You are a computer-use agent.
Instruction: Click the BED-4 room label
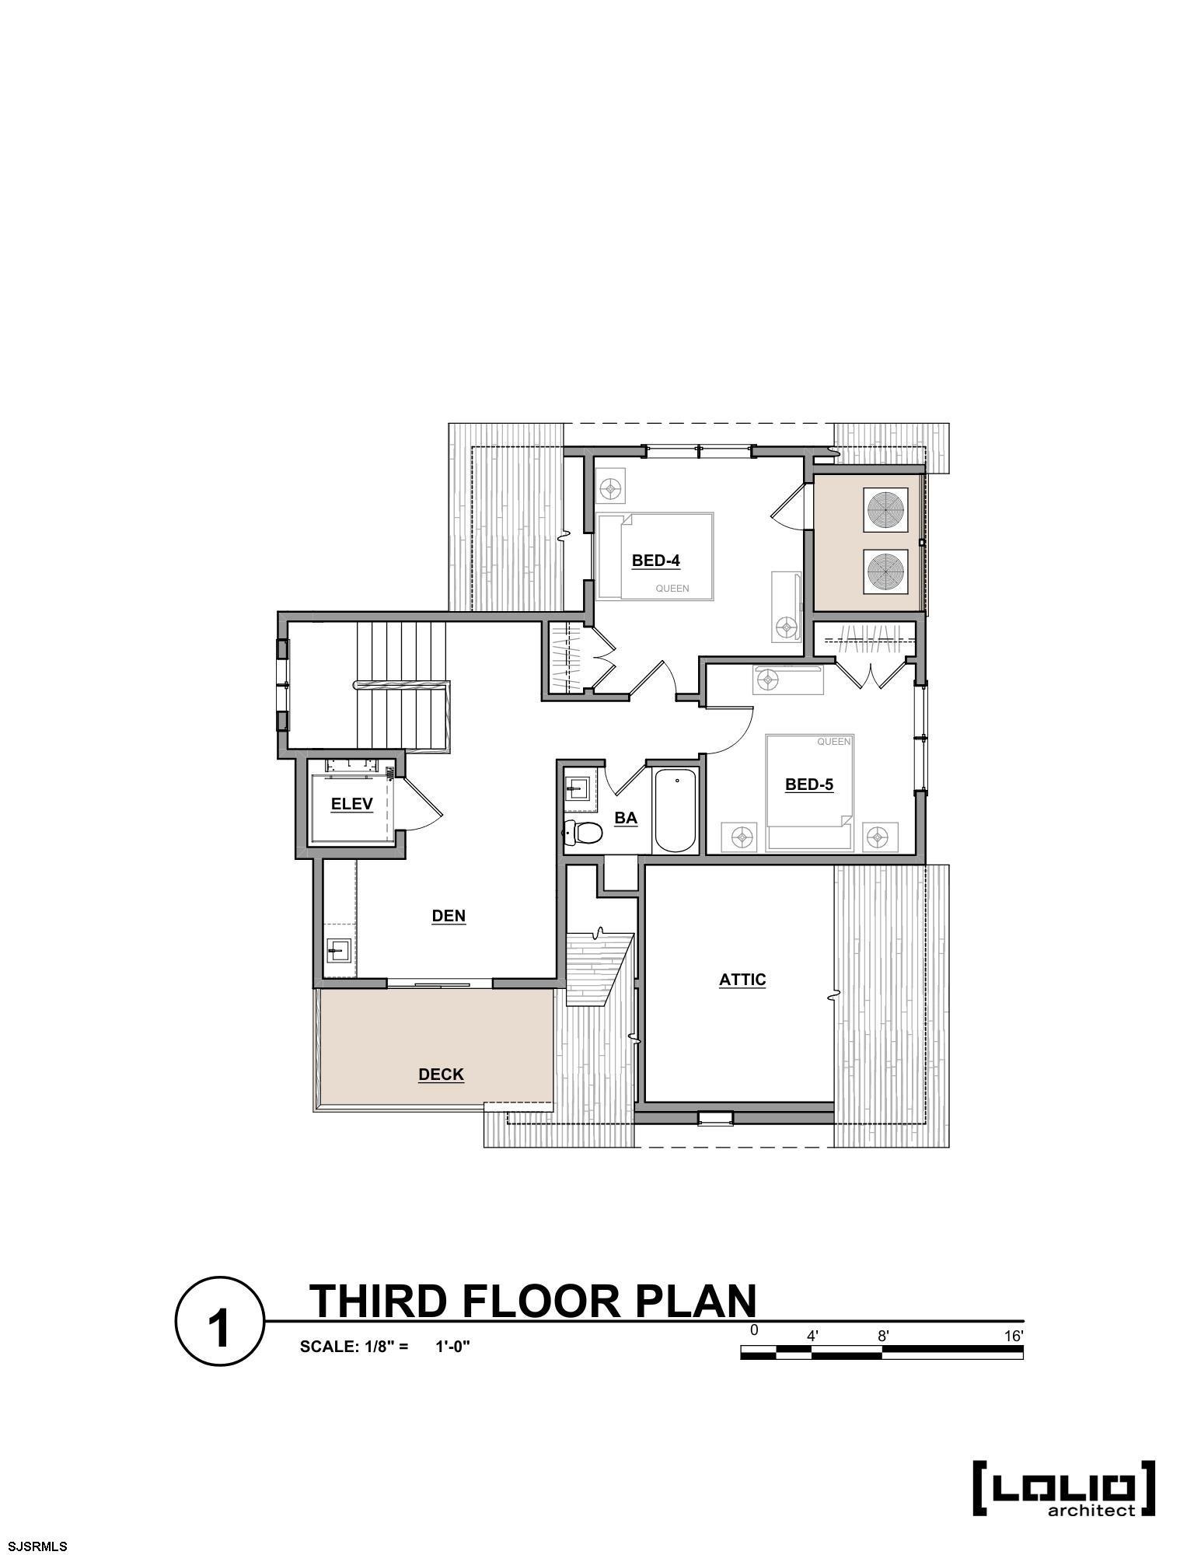(x=656, y=560)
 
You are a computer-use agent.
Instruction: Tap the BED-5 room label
(x=809, y=784)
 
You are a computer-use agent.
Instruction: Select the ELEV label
(x=352, y=804)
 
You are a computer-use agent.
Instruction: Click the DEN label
(x=449, y=916)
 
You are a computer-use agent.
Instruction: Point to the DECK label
(x=441, y=1075)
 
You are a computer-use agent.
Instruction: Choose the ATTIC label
(x=742, y=980)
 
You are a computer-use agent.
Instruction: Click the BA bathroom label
(x=626, y=818)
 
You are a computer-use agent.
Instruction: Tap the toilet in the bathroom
(x=583, y=833)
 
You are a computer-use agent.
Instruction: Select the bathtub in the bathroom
(x=676, y=810)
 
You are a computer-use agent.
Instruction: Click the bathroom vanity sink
(x=576, y=788)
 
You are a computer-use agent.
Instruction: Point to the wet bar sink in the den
(x=338, y=949)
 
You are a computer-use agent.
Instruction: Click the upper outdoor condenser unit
(x=885, y=510)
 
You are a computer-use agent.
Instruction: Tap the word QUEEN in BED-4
(x=672, y=589)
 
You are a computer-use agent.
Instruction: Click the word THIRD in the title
(x=381, y=1300)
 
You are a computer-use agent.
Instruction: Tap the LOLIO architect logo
(x=1064, y=1488)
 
